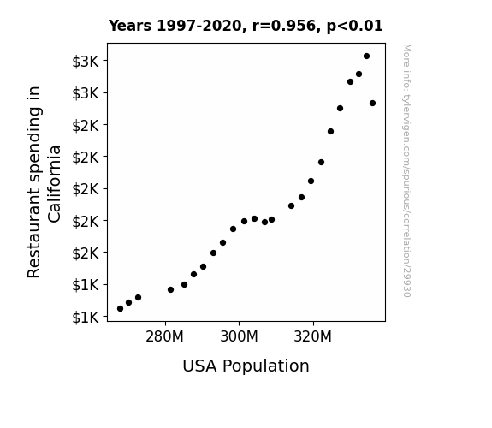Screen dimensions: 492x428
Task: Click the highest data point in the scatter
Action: [366, 56]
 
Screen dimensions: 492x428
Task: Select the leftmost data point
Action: [120, 309]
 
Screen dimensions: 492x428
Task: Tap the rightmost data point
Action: [372, 103]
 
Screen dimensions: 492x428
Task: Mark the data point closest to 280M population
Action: [170, 290]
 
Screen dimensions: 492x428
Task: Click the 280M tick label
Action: [165, 336]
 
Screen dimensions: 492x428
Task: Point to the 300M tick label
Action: [239, 336]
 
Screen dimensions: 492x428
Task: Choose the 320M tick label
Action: [313, 336]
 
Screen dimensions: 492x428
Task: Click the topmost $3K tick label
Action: [86, 62]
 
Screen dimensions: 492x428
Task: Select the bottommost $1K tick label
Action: [86, 318]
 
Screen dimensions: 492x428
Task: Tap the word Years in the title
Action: [130, 26]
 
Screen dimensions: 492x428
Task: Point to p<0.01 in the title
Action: [355, 26]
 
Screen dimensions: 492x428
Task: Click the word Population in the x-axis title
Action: [266, 366]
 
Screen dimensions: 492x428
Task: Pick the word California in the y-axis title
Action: [54, 184]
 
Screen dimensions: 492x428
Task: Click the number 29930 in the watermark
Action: [406, 282]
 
